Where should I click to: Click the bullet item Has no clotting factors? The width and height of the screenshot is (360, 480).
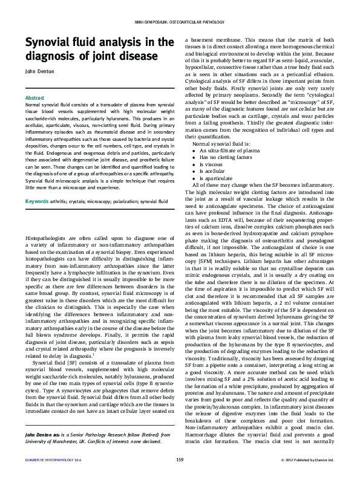tap(220, 157)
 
